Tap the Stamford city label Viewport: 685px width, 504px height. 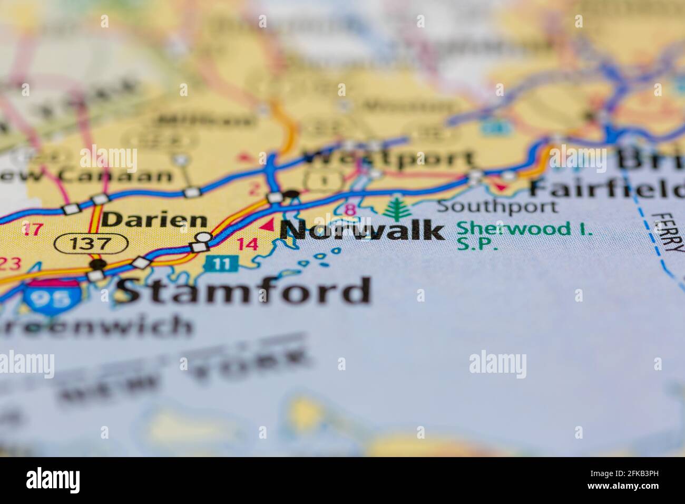[243, 291]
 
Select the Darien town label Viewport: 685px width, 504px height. [146, 220]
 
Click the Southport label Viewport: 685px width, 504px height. [496, 206]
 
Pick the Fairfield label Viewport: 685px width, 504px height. [606, 188]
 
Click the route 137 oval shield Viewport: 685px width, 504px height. [91, 244]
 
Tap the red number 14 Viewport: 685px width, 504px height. [247, 244]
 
